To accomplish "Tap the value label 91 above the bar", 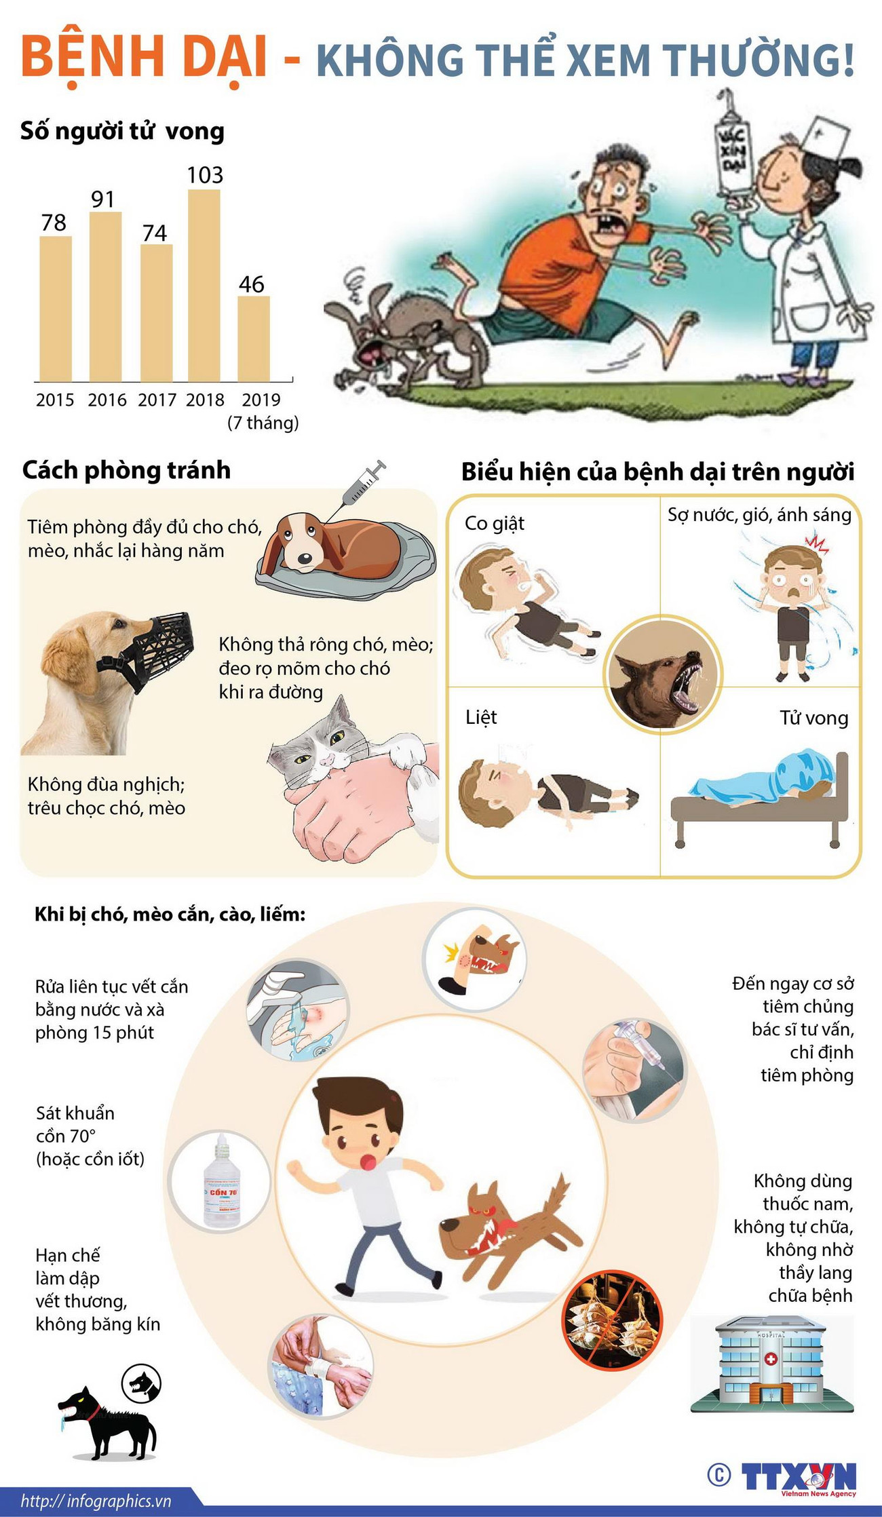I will pyautogui.click(x=103, y=199).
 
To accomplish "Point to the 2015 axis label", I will pyautogui.click(x=55, y=400).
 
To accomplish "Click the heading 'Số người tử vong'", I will pyautogui.click(x=122, y=131).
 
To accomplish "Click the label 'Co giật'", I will pyautogui.click(x=495, y=523).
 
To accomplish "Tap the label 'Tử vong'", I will pyautogui.click(x=814, y=718).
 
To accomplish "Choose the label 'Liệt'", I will pyautogui.click(x=481, y=717).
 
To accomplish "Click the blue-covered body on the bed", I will pyautogui.click(x=767, y=780).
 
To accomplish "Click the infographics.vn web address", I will pyautogui.click(x=96, y=1501).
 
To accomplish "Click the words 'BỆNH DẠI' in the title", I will pyautogui.click(x=145, y=59).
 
